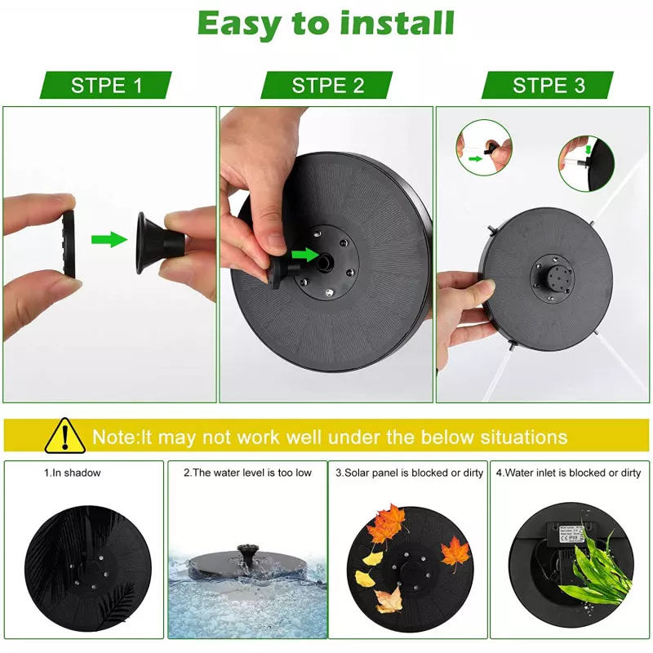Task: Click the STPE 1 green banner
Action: click(x=106, y=85)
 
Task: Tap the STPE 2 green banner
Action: click(x=326, y=85)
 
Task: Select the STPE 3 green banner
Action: click(x=548, y=85)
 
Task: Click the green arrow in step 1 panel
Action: click(x=109, y=239)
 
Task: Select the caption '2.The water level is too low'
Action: click(x=247, y=473)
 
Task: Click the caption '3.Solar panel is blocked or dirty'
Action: click(x=410, y=473)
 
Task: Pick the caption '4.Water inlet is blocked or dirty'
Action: click(x=568, y=473)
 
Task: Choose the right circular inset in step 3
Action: click(x=586, y=162)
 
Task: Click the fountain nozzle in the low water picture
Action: click(x=243, y=553)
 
